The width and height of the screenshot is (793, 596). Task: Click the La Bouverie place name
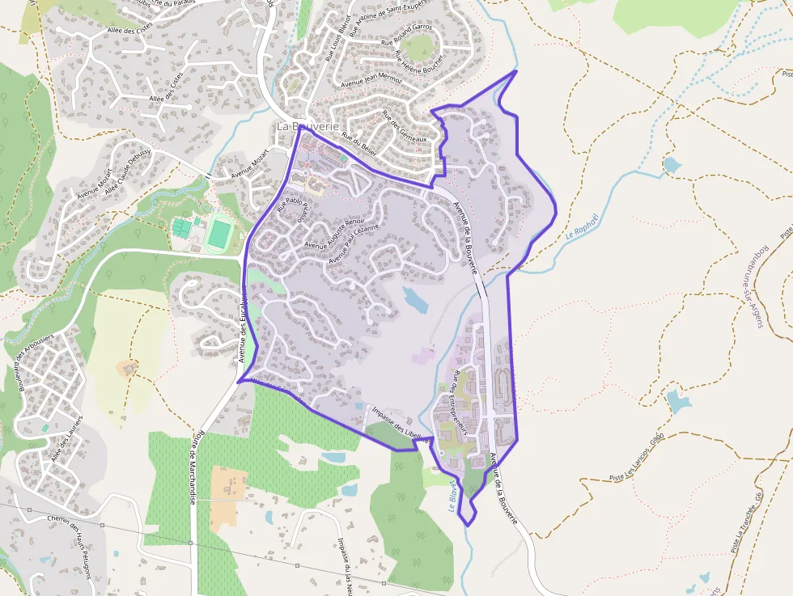point(307,127)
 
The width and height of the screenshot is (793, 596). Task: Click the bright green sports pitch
point(218,234)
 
